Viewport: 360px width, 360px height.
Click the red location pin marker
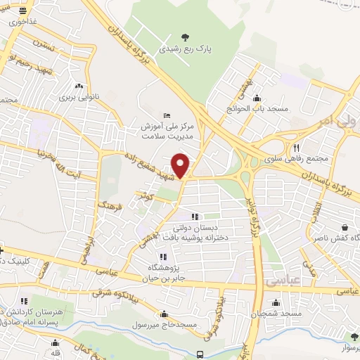pyautogui.click(x=181, y=165)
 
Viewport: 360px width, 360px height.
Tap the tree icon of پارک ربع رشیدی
pyautogui.click(x=185, y=37)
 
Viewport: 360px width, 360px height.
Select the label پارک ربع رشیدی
pyautogui.click(x=184, y=50)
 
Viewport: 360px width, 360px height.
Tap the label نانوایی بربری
pyautogui.click(x=72, y=95)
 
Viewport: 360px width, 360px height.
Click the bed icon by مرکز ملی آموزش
pyautogui.click(x=166, y=115)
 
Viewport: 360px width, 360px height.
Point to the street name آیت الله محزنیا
pyautogui.click(x=62, y=153)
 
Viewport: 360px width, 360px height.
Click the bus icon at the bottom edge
pyautogui.click(x=200, y=354)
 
